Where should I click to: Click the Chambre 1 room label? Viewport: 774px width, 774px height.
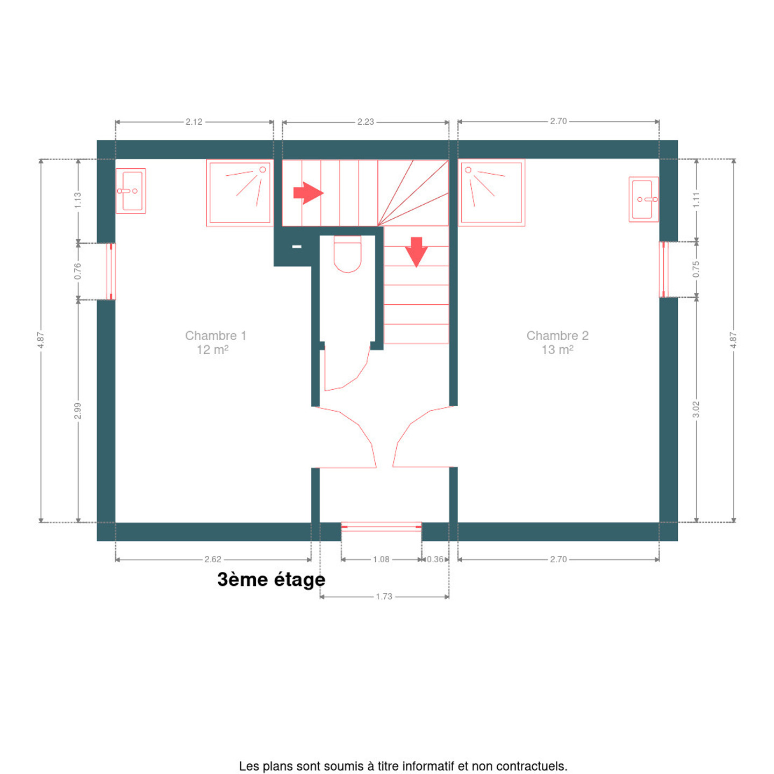coord(216,342)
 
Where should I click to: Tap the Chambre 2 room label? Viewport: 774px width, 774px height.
coord(557,342)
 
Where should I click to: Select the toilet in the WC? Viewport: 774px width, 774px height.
coord(347,254)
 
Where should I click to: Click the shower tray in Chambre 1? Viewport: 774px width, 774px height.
coord(240,193)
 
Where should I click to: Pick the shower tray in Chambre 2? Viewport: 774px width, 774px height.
coord(491,192)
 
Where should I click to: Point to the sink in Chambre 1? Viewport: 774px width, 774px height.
coord(131,191)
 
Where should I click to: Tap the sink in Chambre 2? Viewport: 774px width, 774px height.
coord(643,199)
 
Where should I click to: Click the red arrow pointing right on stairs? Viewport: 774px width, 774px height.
coord(308,193)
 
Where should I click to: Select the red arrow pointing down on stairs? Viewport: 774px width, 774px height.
coord(416,252)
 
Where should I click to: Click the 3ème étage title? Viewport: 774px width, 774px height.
coord(271,580)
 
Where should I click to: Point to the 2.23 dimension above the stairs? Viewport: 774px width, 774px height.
coord(365,121)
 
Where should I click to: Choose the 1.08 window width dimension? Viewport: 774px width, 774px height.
coord(381,559)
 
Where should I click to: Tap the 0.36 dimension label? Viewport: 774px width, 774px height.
coord(435,559)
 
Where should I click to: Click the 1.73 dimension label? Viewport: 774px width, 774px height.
coord(384,597)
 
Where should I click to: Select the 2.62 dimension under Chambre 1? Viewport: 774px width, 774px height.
coord(212,559)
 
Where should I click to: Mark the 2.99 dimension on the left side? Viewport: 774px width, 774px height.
coord(78,411)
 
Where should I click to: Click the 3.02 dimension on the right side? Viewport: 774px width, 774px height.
coord(696,409)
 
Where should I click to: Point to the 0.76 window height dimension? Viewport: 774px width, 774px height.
coord(78,271)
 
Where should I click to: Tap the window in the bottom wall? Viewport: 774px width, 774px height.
coord(381,527)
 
